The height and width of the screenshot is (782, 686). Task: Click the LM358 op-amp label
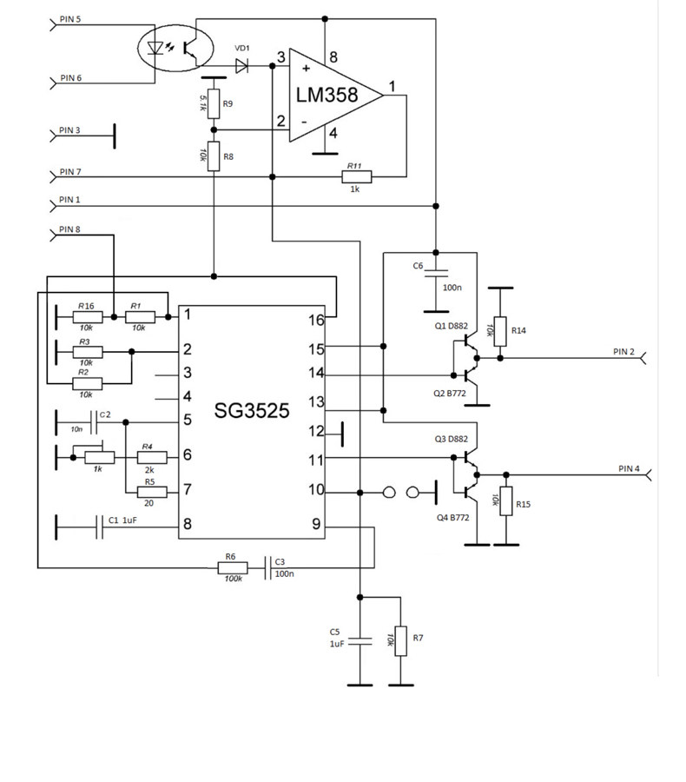[327, 95]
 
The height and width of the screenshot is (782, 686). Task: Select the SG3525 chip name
[252, 410]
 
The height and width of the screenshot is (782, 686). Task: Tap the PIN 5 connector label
[70, 19]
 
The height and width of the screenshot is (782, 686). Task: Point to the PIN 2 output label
[623, 352]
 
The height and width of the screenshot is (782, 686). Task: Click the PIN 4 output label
[629, 468]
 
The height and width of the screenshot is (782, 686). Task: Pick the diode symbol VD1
[241, 66]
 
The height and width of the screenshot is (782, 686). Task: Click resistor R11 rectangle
[357, 176]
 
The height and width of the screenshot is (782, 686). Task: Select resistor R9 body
[214, 103]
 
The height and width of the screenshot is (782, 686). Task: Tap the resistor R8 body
[214, 156]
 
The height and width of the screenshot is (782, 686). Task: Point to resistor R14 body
[500, 331]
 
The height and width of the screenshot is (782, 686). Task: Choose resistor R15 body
[506, 500]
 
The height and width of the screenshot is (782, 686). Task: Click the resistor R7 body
[401, 641]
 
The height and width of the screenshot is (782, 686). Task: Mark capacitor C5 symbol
[360, 641]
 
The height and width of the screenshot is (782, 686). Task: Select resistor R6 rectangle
[233, 567]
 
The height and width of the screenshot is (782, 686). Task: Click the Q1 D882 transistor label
[452, 326]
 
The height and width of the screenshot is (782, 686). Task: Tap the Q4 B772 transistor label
[452, 517]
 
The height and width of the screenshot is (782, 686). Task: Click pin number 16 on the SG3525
[316, 320]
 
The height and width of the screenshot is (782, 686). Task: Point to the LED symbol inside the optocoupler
[155, 48]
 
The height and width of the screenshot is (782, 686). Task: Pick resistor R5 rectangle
[152, 493]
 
